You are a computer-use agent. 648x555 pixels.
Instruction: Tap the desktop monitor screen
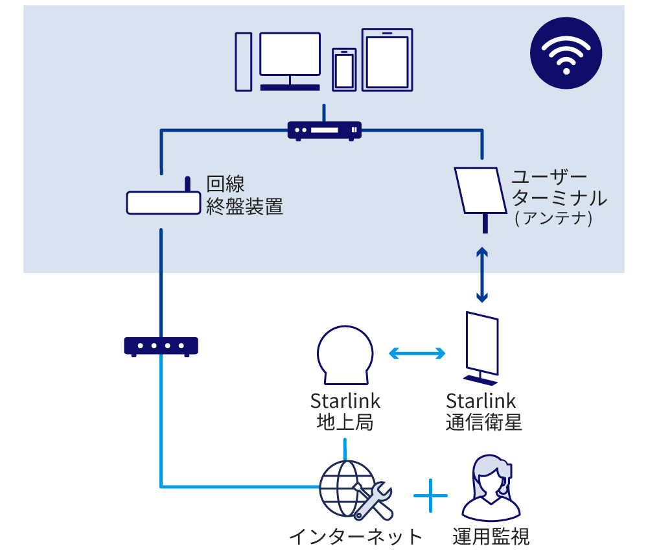(290, 54)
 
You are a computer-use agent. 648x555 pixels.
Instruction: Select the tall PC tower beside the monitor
(244, 62)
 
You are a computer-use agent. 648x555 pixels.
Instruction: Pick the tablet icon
(387, 59)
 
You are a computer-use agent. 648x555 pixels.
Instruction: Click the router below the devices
(324, 131)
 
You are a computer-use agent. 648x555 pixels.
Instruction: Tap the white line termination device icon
(163, 202)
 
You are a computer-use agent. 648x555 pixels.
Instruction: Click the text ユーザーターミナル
(559, 188)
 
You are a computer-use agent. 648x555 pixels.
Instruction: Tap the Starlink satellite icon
(481, 346)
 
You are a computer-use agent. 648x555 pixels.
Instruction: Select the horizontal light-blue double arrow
(417, 353)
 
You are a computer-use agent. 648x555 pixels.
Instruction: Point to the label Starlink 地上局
(345, 412)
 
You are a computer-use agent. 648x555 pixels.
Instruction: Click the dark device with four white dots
(161, 346)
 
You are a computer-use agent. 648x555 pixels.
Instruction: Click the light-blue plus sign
(430, 497)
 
